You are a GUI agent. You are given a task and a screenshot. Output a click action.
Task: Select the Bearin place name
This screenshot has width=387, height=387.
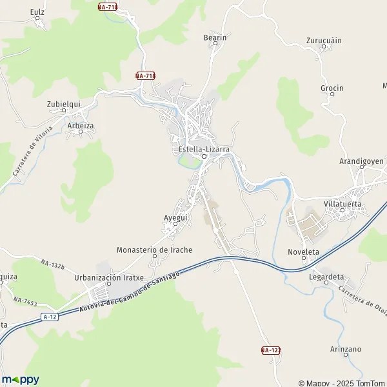tap(215, 38)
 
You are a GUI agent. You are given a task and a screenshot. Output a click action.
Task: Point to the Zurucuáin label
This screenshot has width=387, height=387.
tap(324, 40)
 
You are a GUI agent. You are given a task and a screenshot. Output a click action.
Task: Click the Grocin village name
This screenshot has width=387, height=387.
tap(332, 88)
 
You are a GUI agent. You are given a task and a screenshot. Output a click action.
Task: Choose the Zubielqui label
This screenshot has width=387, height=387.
tap(63, 103)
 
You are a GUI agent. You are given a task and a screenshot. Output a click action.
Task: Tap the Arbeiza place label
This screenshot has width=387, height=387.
tap(81, 126)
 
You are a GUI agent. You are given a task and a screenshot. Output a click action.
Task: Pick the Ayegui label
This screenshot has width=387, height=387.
tap(175, 218)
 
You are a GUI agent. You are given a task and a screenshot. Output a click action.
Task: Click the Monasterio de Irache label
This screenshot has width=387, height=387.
tap(154, 250)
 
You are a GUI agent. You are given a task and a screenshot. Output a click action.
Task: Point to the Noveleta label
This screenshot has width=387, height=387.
tap(303, 252)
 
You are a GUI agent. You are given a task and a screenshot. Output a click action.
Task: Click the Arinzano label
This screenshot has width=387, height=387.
tap(345, 349)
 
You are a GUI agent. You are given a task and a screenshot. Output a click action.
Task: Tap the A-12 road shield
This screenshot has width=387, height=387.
tap(49, 317)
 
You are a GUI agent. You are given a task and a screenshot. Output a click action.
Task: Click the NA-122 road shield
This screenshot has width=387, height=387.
tap(271, 350)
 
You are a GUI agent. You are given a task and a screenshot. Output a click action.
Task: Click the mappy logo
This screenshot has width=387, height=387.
tap(21, 379)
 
